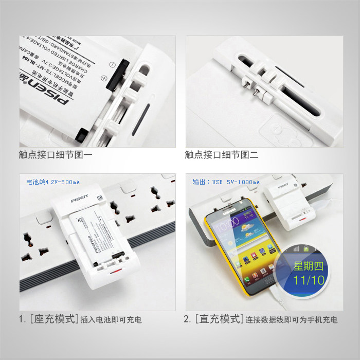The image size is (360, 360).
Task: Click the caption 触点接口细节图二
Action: (222, 154)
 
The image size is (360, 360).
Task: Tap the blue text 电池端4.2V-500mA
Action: (53, 182)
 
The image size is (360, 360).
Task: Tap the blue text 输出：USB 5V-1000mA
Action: (226, 182)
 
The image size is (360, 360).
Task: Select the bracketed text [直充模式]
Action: (218, 319)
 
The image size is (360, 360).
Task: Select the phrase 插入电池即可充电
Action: (110, 320)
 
